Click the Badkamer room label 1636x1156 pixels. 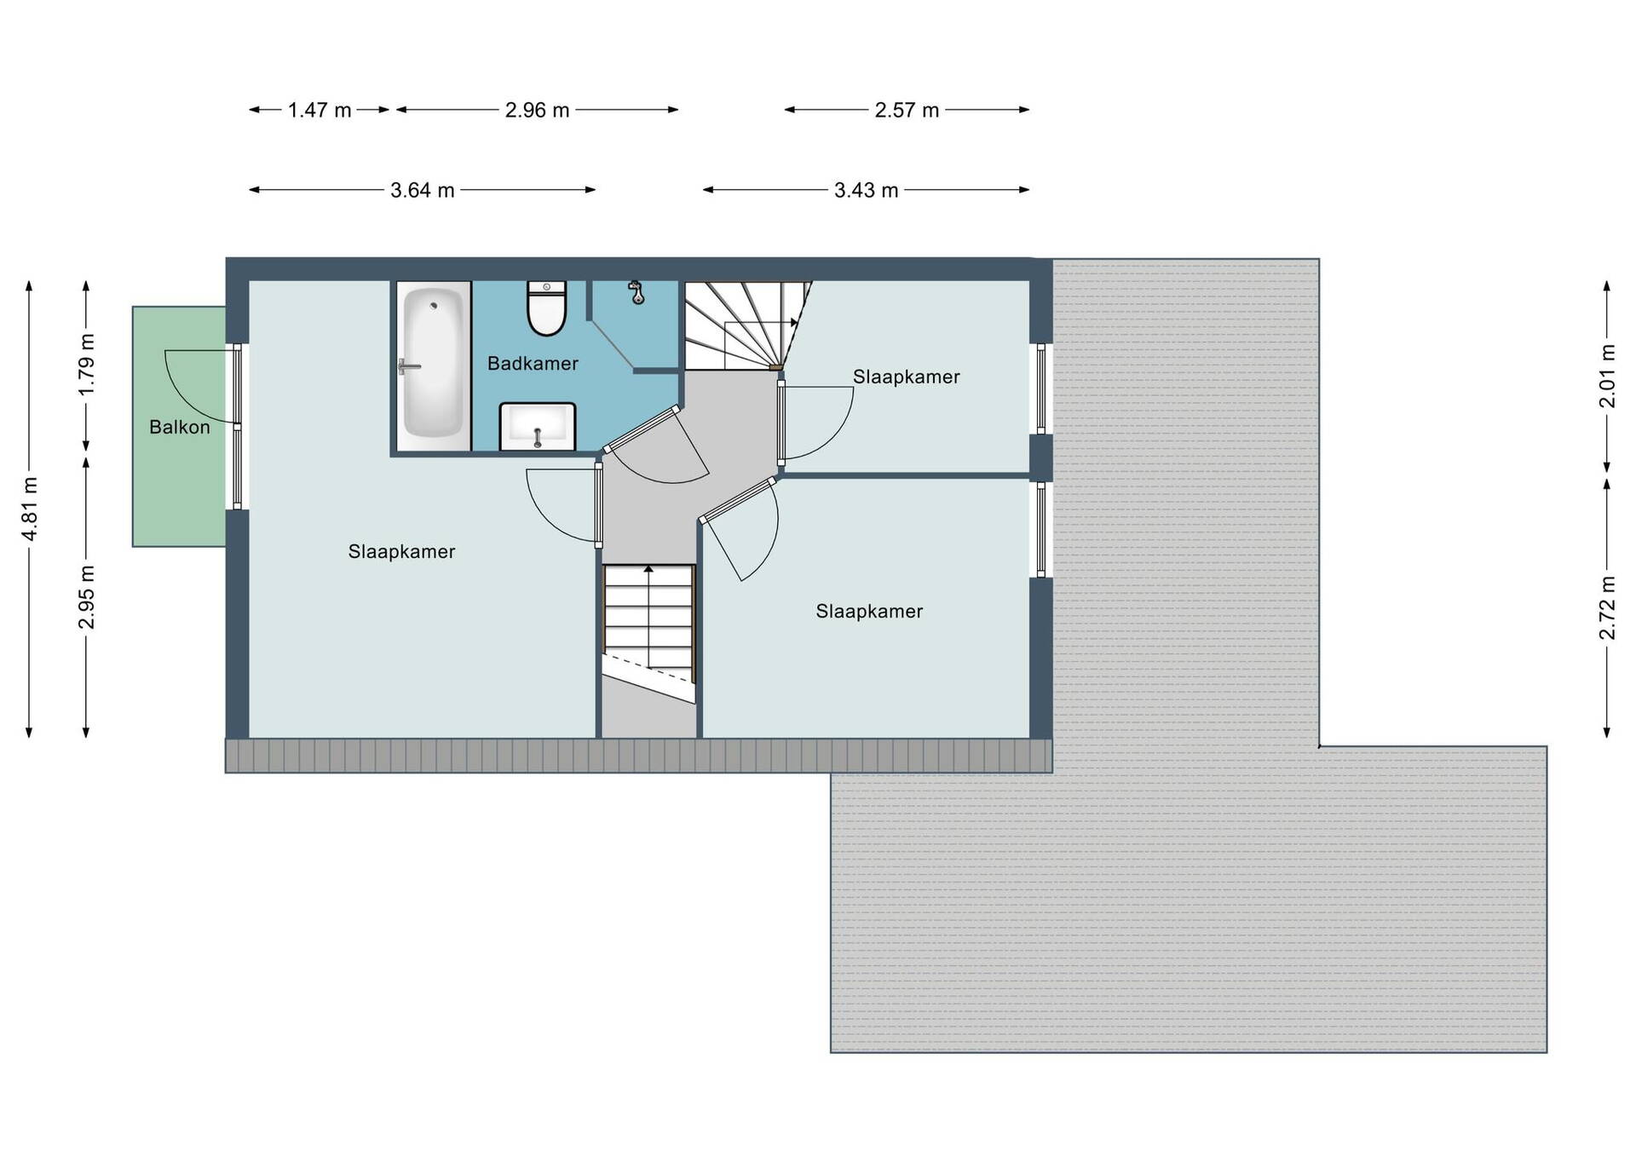point(533,364)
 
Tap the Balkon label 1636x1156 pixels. point(179,427)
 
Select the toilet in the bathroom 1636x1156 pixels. point(546,308)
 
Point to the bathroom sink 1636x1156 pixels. point(538,426)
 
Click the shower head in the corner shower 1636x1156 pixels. point(636,292)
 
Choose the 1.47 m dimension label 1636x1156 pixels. point(320,110)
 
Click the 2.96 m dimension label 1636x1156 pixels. point(537,110)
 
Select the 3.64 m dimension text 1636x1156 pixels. point(422,190)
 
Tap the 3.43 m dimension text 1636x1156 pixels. point(866,190)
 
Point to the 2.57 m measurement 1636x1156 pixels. point(907,110)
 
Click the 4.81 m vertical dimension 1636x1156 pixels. point(30,509)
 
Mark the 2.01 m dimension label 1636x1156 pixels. point(1607,376)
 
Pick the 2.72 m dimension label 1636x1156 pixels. point(1607,607)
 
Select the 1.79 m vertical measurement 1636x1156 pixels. point(86,365)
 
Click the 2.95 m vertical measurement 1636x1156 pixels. point(86,596)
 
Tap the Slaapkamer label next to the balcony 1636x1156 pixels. point(401,551)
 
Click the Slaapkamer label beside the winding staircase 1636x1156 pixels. point(906,377)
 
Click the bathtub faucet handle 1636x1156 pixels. point(408,367)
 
